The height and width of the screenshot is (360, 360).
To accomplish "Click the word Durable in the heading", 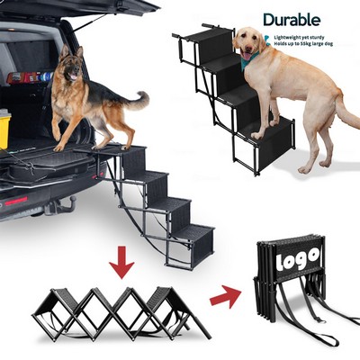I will (x=291, y=19).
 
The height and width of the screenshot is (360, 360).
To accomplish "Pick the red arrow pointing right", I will (x=226, y=296).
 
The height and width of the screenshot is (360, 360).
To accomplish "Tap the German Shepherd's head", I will (x=72, y=68).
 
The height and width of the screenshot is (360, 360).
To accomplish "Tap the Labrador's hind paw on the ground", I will (x=305, y=167).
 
